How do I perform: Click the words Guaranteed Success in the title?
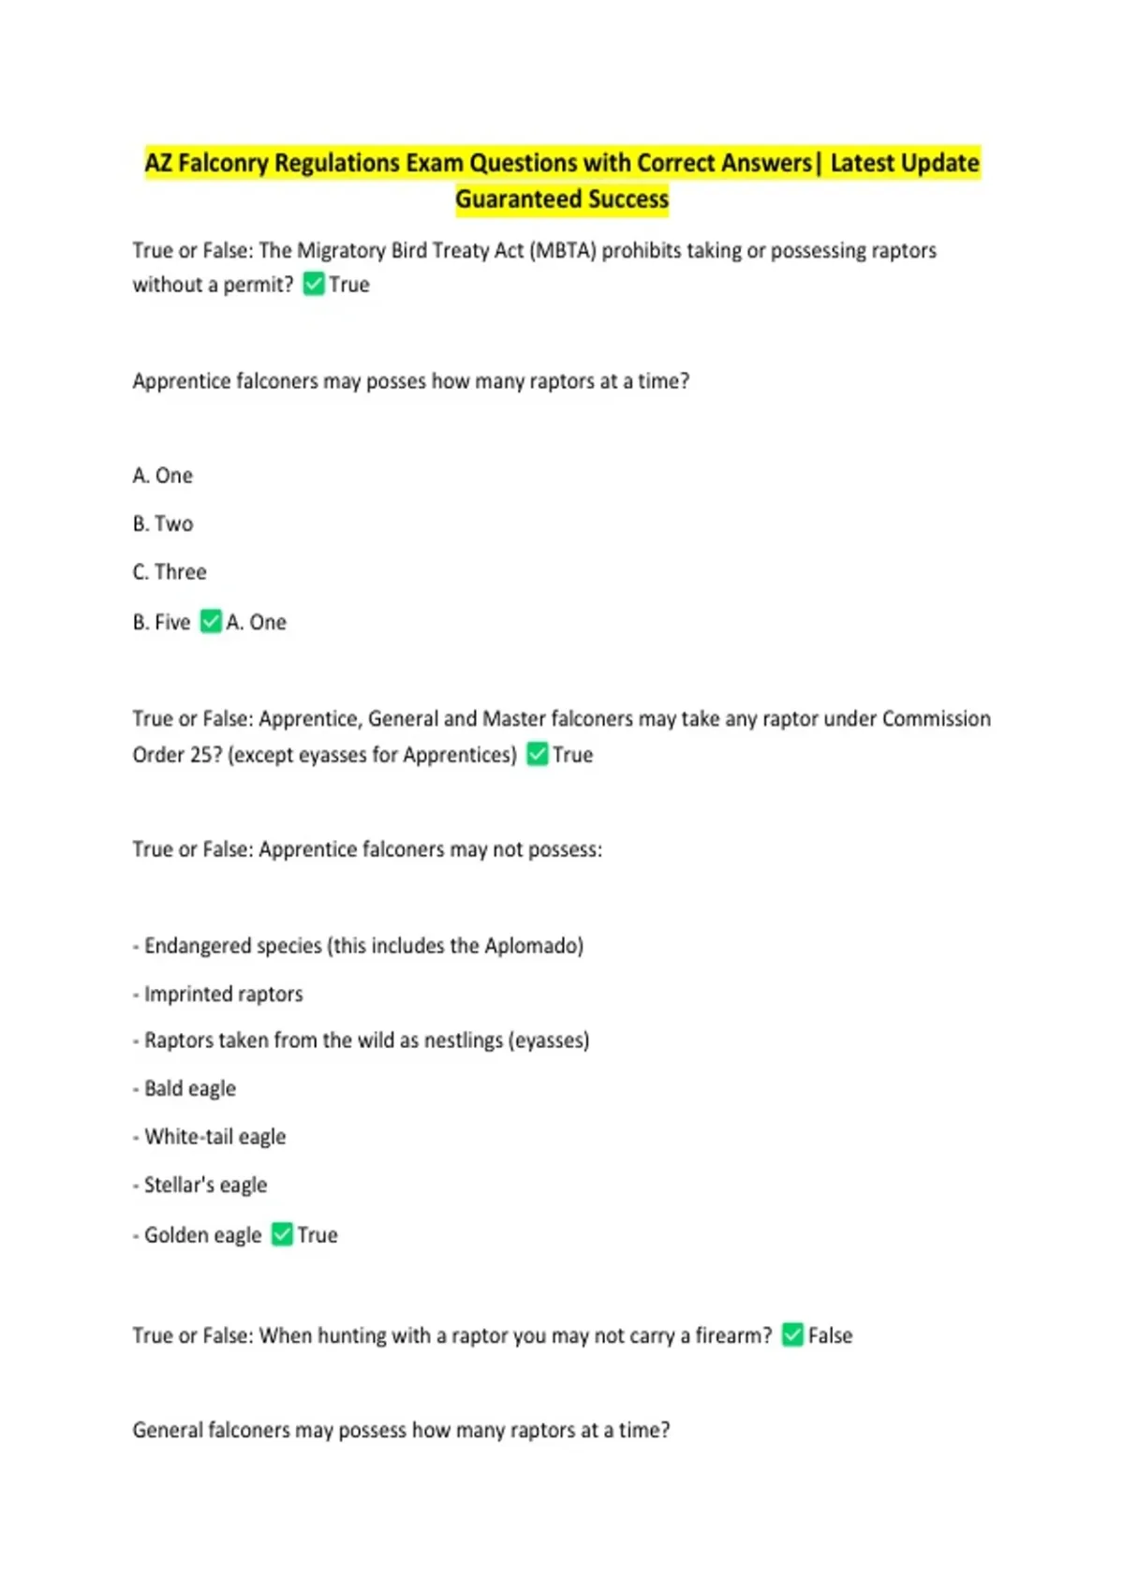[x=562, y=199]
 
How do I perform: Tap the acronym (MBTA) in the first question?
[x=563, y=251]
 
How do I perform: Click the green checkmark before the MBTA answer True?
[x=314, y=285]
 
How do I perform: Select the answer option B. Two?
[x=163, y=524]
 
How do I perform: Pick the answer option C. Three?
[x=170, y=572]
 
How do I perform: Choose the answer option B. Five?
[x=161, y=623]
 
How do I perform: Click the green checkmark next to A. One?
[x=212, y=622]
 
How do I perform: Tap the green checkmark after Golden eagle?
[x=282, y=1235]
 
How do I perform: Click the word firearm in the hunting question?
[x=728, y=1336]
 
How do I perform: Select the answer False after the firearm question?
[x=830, y=1336]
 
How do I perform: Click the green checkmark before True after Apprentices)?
[x=538, y=755]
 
